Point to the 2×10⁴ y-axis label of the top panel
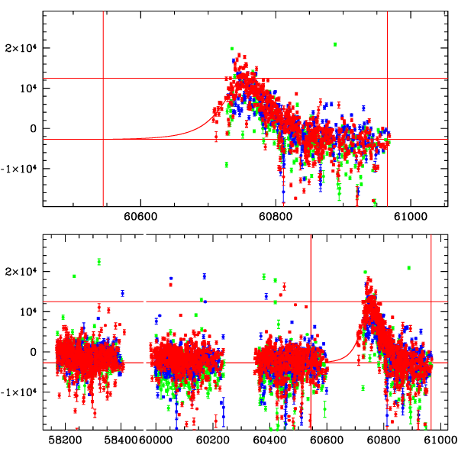22,47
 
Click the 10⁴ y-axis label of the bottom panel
26,311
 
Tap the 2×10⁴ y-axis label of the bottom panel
22,271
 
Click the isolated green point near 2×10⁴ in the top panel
335,44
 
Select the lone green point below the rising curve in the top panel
227,164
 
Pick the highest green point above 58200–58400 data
99,262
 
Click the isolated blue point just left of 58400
122,293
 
